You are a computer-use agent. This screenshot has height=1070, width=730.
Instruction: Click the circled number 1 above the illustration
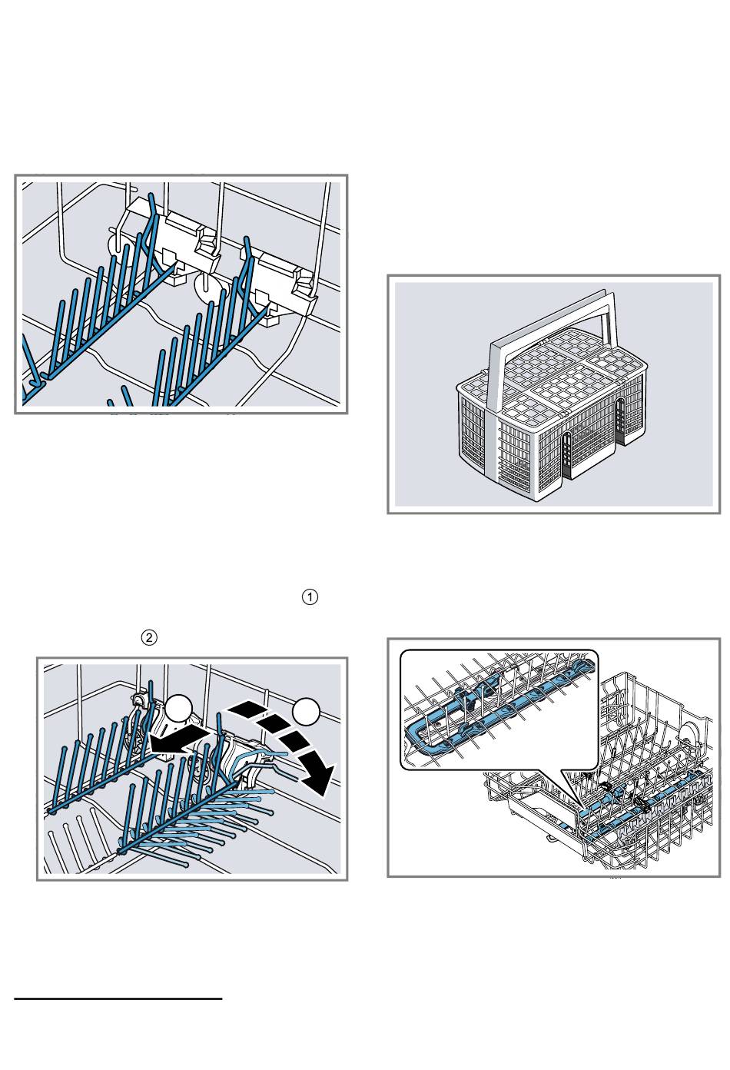(310, 597)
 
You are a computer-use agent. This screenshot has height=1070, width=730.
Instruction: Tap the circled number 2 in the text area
(149, 637)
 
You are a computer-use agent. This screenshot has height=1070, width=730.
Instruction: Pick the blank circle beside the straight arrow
(178, 709)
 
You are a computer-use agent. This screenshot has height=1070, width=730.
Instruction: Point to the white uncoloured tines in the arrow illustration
(73, 842)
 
